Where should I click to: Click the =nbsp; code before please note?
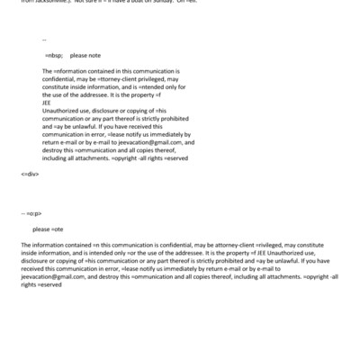(x=55, y=55)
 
